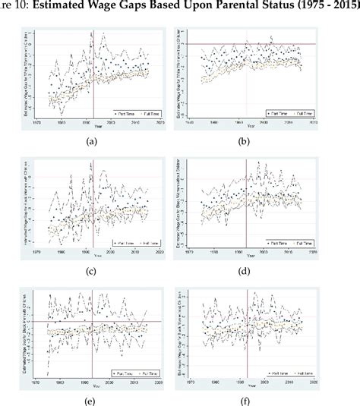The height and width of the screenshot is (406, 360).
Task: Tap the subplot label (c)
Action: (x=93, y=271)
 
